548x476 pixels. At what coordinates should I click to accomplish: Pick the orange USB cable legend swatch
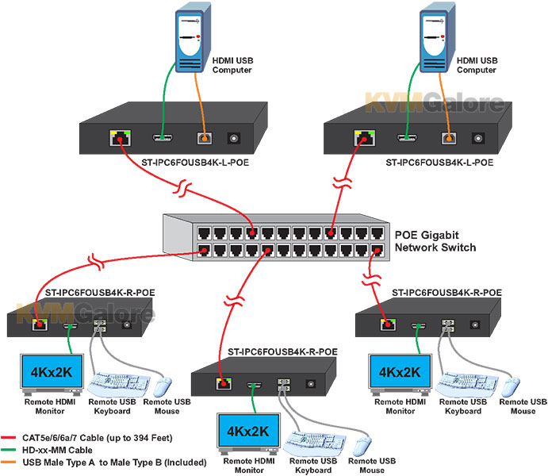(x=15, y=462)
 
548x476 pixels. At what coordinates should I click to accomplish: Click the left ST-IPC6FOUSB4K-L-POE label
(x=169, y=163)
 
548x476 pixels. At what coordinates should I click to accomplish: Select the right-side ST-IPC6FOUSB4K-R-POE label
(x=445, y=294)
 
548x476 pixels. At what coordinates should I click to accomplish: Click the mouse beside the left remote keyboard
(x=162, y=386)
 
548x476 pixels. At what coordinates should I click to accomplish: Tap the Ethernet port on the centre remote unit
(x=224, y=385)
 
